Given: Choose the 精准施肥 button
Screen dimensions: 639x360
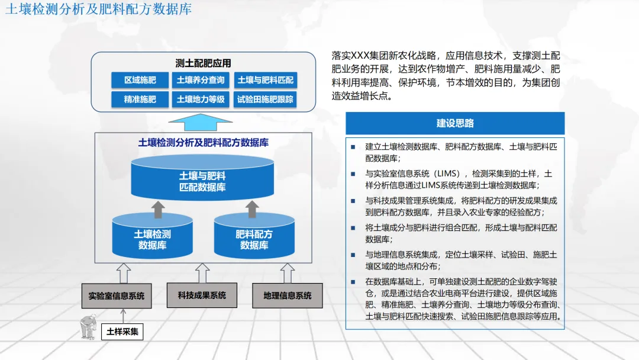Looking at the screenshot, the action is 140,99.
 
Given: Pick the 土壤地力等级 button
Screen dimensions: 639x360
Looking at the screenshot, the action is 201,99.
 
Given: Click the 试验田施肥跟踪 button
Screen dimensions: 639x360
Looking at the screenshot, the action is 265,99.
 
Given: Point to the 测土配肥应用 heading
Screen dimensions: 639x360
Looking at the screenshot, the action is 203,63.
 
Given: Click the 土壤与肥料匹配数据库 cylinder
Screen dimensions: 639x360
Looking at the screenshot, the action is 202,181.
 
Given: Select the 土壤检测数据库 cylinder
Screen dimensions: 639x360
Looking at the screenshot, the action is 153,239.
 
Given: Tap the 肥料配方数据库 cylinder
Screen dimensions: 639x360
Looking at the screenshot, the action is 254,239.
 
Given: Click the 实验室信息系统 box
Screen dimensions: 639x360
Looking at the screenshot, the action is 117,295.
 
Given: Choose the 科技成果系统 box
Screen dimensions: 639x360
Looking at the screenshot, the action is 202,295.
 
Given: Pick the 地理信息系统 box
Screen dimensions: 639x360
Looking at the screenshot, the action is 287,295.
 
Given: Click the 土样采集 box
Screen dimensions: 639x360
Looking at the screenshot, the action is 122,332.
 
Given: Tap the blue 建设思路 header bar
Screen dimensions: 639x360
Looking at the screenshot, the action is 455,123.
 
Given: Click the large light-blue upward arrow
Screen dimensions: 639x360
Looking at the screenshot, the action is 201,123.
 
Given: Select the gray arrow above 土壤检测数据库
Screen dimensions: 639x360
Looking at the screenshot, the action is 157,208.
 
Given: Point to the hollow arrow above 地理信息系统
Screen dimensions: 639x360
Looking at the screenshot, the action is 288,273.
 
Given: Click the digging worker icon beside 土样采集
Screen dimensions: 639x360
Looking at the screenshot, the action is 89,327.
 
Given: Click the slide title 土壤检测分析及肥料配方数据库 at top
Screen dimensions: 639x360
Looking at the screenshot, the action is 99,9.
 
